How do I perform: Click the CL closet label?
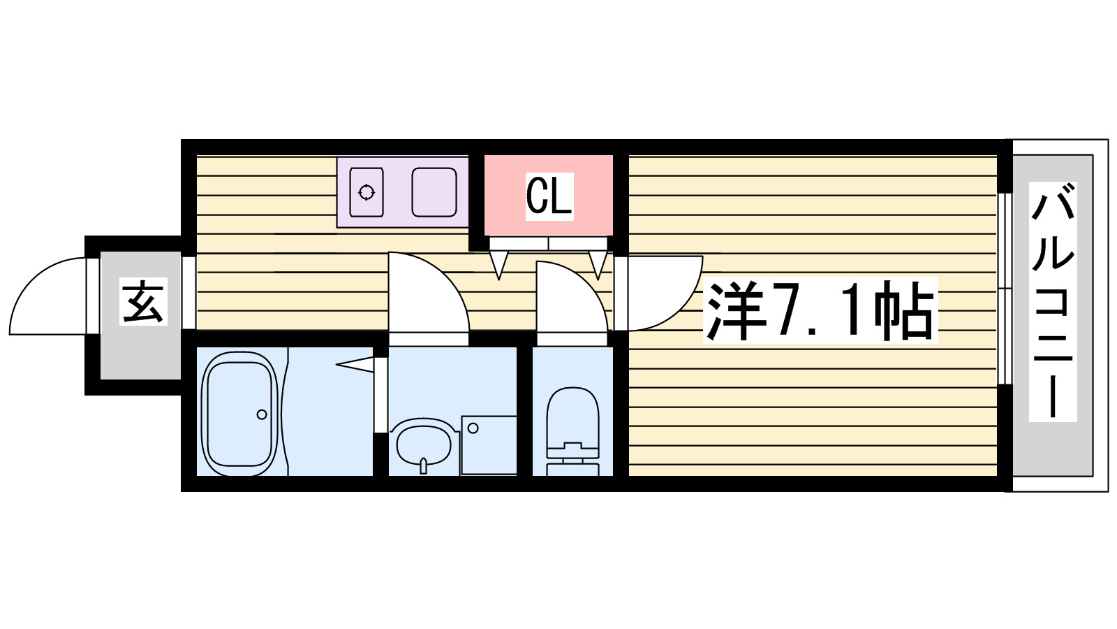[x=549, y=196]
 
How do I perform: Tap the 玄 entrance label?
[x=144, y=302]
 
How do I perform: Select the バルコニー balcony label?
[x=1053, y=301]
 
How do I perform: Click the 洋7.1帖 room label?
[x=820, y=310]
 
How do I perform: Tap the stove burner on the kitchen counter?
[x=367, y=192]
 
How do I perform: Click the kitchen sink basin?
[x=434, y=192]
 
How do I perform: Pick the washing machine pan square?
[x=489, y=445]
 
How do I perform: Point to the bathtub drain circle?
[x=262, y=414]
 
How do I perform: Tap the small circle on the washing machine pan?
[x=473, y=428]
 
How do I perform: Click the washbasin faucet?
[x=423, y=465]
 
